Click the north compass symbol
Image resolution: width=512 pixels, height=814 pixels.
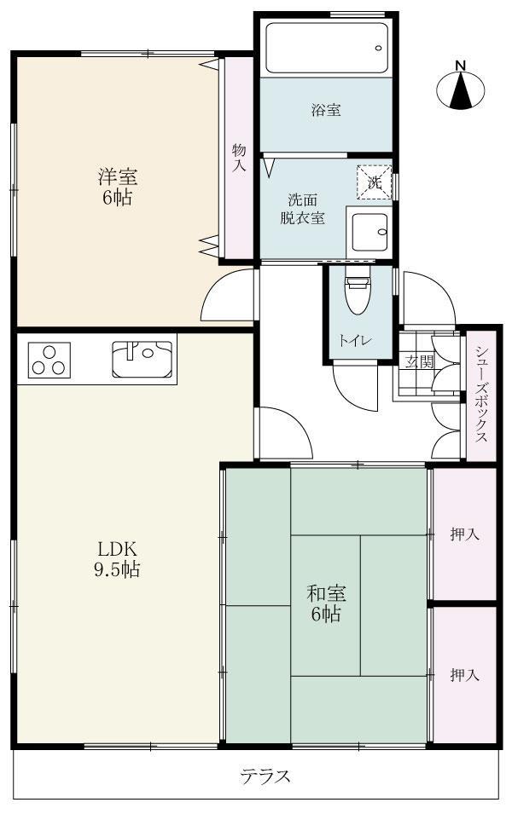pyautogui.click(x=460, y=89)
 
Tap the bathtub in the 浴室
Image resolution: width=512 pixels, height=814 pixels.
pyautogui.click(x=327, y=48)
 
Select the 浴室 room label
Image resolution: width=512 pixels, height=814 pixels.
pyautogui.click(x=326, y=110)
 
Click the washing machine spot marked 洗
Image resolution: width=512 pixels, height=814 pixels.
pyautogui.click(x=374, y=182)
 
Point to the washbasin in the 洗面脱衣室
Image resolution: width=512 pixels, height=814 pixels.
pyautogui.click(x=369, y=229)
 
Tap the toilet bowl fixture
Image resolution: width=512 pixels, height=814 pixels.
pyautogui.click(x=355, y=293)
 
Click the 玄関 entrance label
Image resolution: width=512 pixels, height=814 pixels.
pyautogui.click(x=419, y=361)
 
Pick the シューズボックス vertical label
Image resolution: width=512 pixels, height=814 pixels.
pyautogui.click(x=481, y=393)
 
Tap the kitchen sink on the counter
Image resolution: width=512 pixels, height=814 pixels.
pyautogui.click(x=142, y=358)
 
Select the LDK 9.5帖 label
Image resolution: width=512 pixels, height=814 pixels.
pyautogui.click(x=116, y=559)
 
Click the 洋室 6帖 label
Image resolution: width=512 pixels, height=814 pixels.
pyautogui.click(x=117, y=188)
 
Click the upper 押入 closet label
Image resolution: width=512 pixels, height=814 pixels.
pyautogui.click(x=464, y=534)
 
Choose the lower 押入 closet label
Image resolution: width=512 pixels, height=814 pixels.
pyautogui.click(x=464, y=674)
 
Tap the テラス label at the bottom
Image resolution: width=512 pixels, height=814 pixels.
pyautogui.click(x=265, y=776)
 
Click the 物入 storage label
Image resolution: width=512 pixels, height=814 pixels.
pyautogui.click(x=239, y=158)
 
